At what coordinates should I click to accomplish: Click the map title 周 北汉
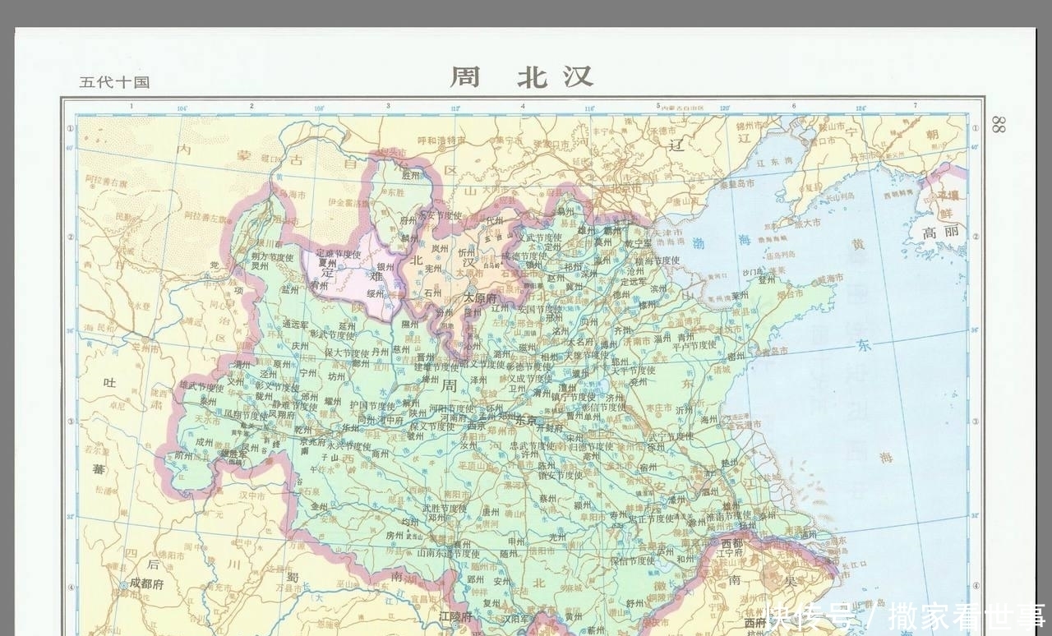(521, 76)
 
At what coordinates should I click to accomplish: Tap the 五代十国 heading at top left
(114, 82)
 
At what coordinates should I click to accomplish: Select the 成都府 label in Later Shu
(146, 583)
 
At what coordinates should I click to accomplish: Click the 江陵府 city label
(456, 615)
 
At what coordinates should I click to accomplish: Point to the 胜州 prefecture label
(410, 175)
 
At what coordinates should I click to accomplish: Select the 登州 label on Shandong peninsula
(766, 280)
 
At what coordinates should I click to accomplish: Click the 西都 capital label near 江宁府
(731, 543)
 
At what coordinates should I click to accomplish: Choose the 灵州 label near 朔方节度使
(260, 265)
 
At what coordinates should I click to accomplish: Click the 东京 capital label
(526, 419)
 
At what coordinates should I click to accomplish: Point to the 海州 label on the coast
(709, 419)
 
